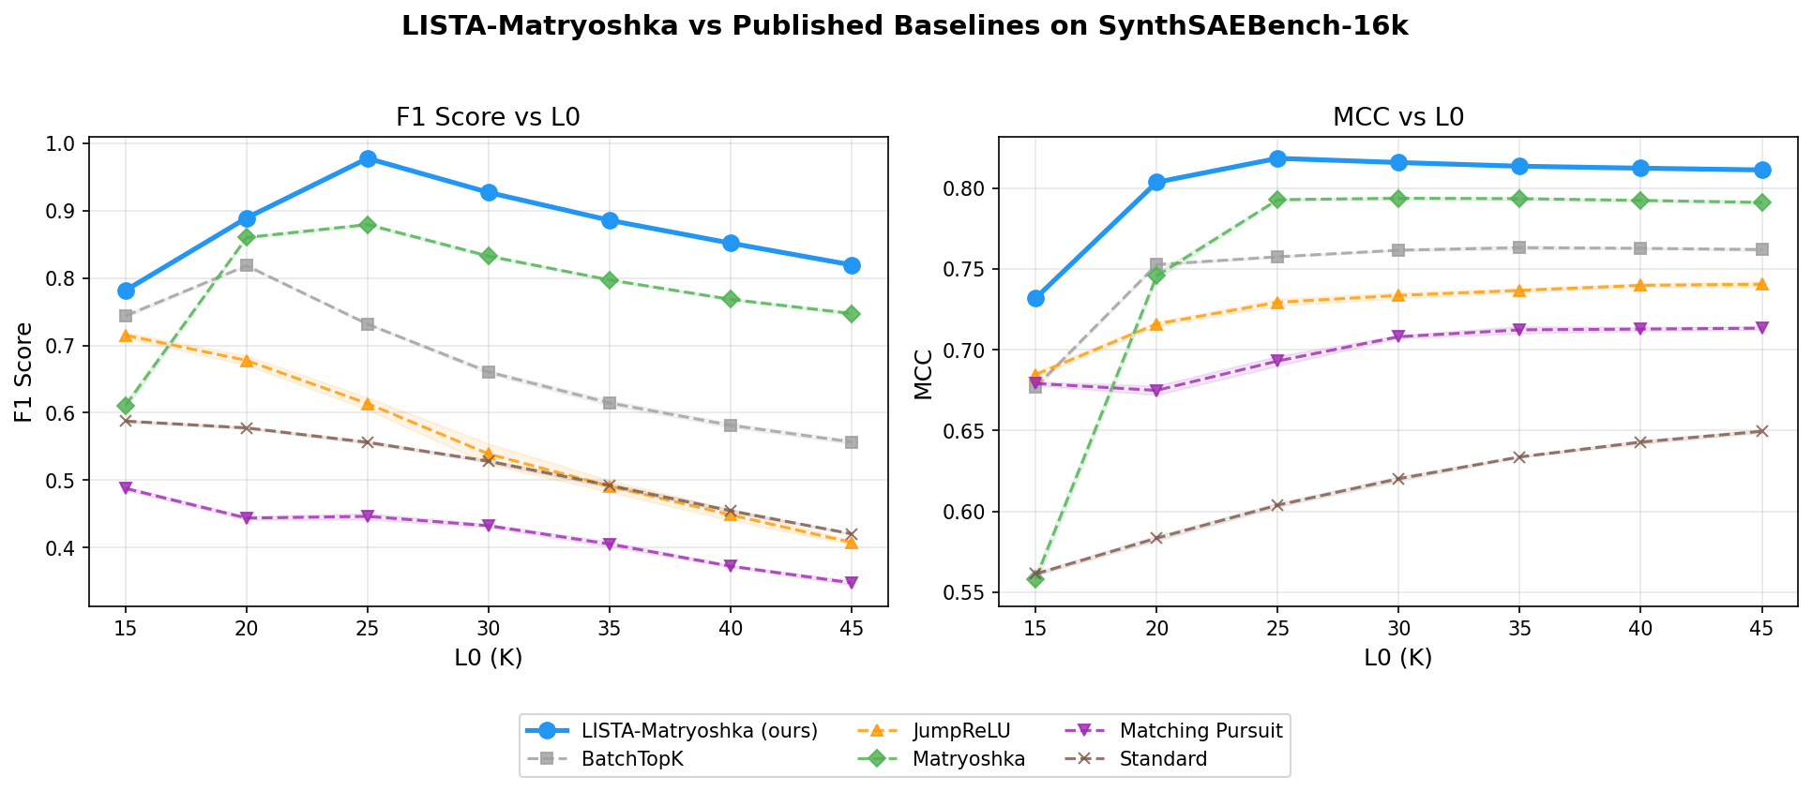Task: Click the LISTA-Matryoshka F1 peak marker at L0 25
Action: pyautogui.click(x=368, y=158)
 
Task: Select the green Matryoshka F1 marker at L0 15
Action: pyautogui.click(x=126, y=405)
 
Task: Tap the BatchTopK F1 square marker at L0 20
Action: pyautogui.click(x=247, y=265)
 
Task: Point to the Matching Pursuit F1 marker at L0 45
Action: pyautogui.click(x=851, y=582)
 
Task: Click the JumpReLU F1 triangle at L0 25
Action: pyautogui.click(x=368, y=404)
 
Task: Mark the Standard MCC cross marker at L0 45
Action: pyautogui.click(x=1761, y=431)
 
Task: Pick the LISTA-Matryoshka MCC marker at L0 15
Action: pyautogui.click(x=1035, y=298)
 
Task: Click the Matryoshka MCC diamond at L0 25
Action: pyautogui.click(x=1277, y=200)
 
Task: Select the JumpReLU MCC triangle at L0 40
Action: pyautogui.click(x=1640, y=285)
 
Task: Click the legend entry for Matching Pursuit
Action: pyautogui.click(x=1200, y=731)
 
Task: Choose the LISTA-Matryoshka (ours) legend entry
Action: pyautogui.click(x=699, y=731)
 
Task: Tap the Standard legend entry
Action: pyautogui.click(x=1163, y=759)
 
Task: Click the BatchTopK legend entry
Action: pyautogui.click(x=632, y=759)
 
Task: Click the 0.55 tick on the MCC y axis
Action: pyautogui.click(x=966, y=593)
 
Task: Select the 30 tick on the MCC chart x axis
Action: pyautogui.click(x=1398, y=629)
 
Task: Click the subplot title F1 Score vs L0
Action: pyautogui.click(x=488, y=117)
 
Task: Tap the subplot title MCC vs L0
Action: pyautogui.click(x=1398, y=117)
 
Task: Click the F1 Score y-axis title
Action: pyautogui.click(x=24, y=372)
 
